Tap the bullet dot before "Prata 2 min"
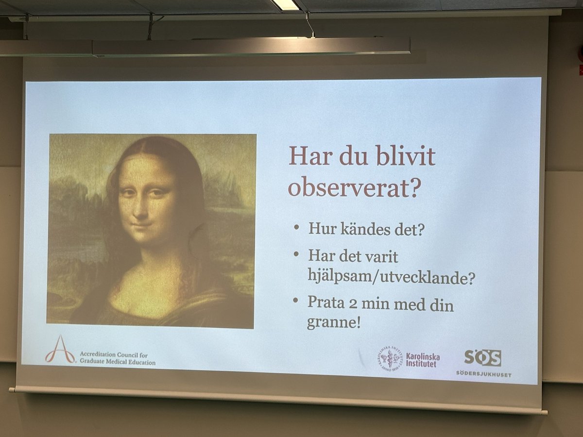(x=296, y=301)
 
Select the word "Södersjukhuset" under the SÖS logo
(x=483, y=374)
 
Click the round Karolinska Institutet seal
(x=390, y=360)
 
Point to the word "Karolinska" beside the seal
(x=423, y=356)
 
